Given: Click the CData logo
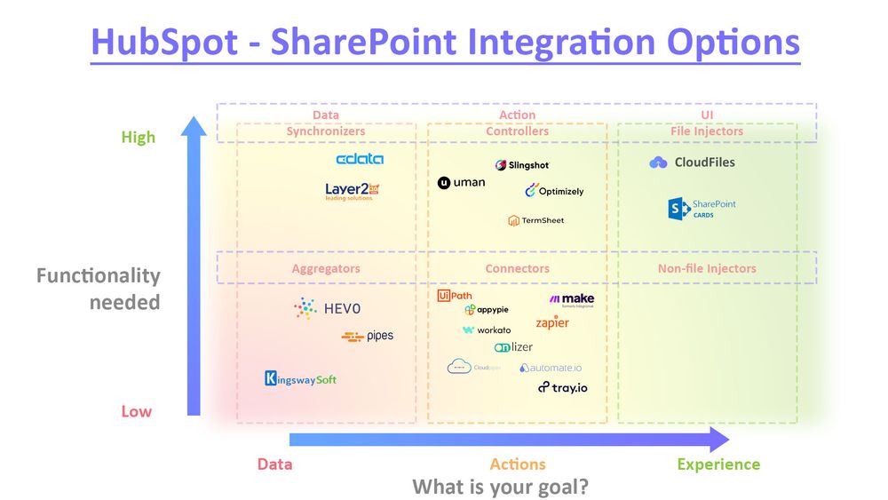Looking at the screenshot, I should (360, 159).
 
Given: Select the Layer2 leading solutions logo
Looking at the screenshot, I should (353, 191).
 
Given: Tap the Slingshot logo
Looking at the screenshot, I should (522, 165).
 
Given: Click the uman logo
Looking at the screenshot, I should (462, 183).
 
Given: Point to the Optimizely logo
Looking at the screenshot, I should (554, 191).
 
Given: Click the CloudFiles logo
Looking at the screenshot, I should (693, 163).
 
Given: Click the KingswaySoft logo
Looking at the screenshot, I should (300, 379).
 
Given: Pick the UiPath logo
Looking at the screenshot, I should (455, 296).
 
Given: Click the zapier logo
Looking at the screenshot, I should (552, 322).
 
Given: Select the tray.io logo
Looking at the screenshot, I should (563, 387).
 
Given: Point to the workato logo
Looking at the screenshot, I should (487, 330).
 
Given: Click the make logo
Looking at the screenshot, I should (572, 300).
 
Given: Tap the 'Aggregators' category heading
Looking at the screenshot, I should (326, 268).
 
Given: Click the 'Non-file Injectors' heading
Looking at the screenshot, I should (707, 268).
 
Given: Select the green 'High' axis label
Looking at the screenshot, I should (139, 137).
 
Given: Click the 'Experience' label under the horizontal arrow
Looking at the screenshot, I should (718, 464).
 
